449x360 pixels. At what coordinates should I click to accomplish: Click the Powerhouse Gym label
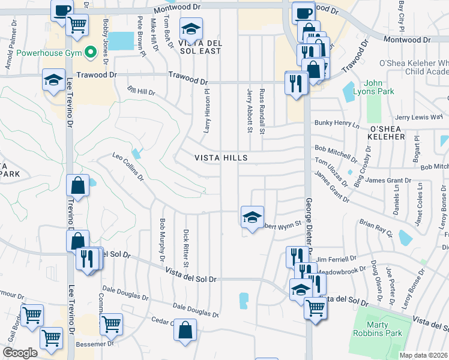[46, 53]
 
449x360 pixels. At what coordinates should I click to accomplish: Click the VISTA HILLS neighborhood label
[221, 158]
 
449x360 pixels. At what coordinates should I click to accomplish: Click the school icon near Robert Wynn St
[252, 217]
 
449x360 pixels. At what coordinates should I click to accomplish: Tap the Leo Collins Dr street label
[128, 167]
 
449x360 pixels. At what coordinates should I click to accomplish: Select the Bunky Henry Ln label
[336, 124]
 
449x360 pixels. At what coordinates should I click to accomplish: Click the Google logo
[20, 352]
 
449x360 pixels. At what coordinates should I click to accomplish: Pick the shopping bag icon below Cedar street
[186, 330]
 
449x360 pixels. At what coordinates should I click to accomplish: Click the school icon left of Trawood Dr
[53, 80]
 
